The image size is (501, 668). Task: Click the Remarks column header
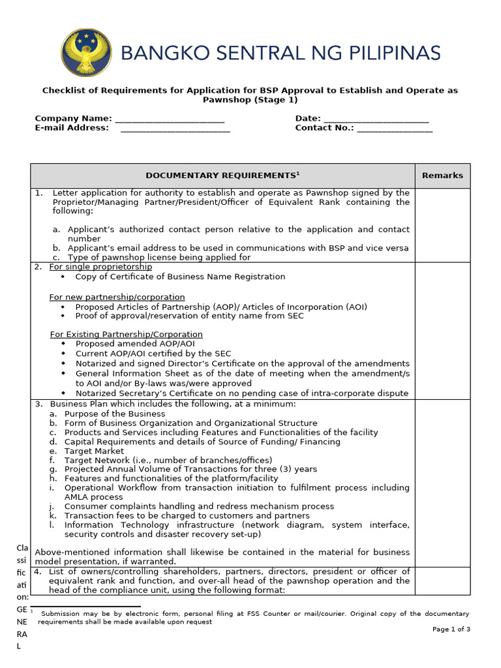pos(442,175)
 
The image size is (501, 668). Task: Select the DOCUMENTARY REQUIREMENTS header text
pos(222,175)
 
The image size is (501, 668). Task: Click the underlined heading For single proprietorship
pos(100,267)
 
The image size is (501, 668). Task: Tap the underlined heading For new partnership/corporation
pos(117,297)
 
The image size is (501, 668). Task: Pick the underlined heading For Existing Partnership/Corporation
pos(126,334)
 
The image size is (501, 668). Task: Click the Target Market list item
pos(94,451)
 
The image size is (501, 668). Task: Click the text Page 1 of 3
pos(451,629)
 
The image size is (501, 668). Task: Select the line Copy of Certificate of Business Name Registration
pos(180,277)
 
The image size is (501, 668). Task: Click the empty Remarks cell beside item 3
pos(442,483)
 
